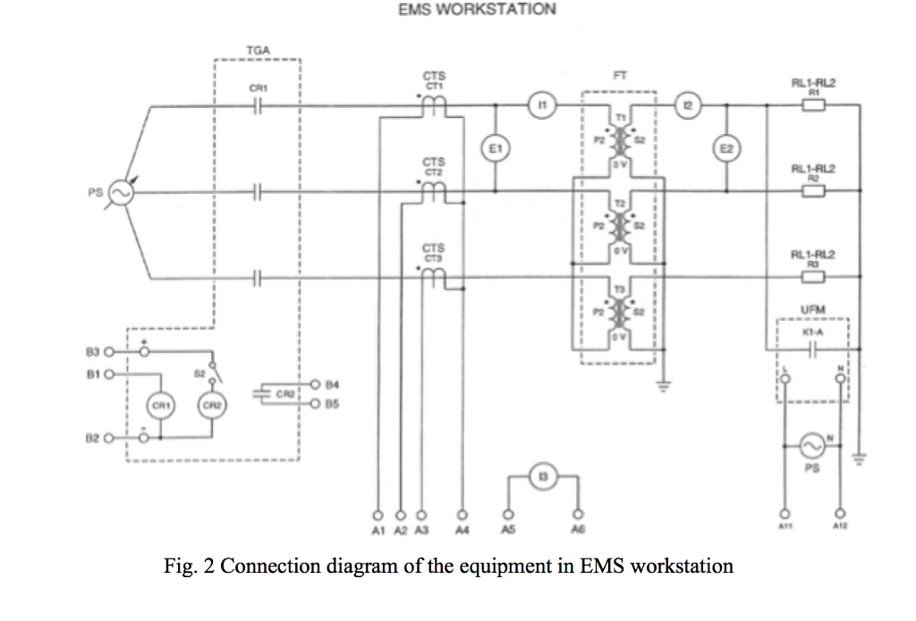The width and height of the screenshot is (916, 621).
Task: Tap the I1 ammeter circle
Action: coord(541,105)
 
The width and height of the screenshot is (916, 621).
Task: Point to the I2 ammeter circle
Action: coord(687,105)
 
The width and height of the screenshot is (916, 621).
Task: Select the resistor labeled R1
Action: coord(814,105)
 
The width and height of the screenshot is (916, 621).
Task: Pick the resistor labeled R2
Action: coord(814,190)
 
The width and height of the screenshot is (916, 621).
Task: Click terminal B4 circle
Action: coord(315,385)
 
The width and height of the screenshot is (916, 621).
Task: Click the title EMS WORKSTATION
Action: coord(477,10)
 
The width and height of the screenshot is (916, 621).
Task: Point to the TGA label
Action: coord(257,52)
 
